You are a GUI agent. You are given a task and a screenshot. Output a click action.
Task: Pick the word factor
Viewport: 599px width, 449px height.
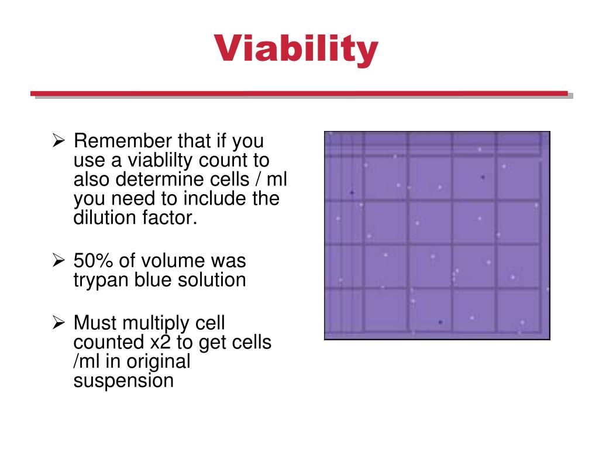[x=166, y=218]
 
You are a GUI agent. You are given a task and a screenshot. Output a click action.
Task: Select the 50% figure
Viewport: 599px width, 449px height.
[x=91, y=261]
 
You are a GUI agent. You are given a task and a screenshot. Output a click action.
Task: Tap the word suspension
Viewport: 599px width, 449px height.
[x=123, y=381]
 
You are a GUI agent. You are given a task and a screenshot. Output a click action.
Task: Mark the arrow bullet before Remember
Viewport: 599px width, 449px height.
[x=58, y=141]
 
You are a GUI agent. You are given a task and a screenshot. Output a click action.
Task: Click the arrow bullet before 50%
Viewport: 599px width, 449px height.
[x=58, y=261]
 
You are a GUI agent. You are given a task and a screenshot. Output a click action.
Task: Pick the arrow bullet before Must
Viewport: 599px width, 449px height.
[x=58, y=323]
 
